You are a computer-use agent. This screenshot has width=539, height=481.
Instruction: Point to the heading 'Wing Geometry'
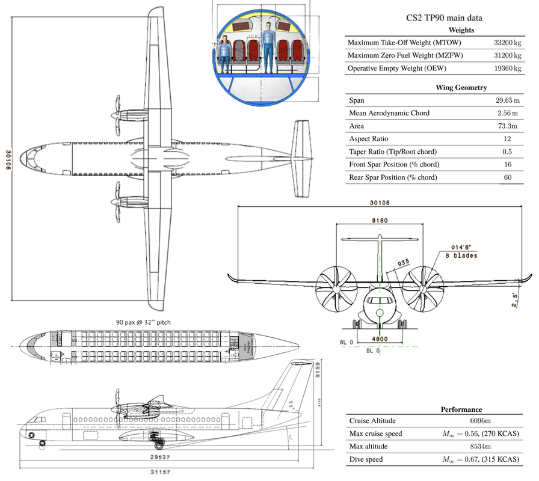tap(461, 88)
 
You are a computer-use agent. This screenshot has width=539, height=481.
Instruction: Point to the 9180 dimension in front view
tap(379, 221)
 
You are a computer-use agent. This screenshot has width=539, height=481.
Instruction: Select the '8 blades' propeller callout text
tap(461, 256)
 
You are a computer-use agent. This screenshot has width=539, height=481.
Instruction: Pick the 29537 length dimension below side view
tap(158, 457)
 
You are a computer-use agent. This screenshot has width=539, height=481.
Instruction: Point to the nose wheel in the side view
tap(42, 444)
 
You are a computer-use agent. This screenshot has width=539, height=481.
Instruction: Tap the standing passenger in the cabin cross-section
tap(268, 46)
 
